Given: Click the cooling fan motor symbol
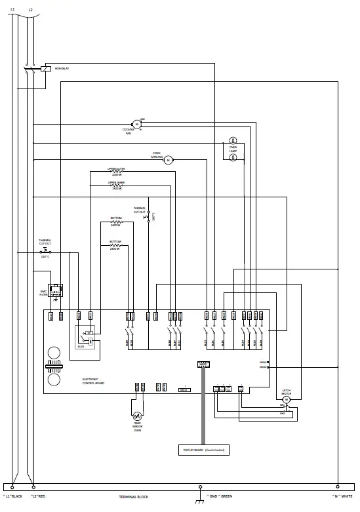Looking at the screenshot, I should [x=137, y=123].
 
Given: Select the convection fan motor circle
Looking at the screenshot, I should [x=167, y=160].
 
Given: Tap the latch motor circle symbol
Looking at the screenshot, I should [x=286, y=400].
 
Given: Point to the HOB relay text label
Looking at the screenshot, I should [x=62, y=68].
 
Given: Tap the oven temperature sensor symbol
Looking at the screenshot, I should [x=137, y=416].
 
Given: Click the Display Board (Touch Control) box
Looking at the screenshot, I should [x=203, y=450].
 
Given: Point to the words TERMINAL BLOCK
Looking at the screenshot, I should [x=133, y=498].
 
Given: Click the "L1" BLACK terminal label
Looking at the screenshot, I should [x=12, y=497].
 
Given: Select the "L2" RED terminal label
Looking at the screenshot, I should [x=37, y=497].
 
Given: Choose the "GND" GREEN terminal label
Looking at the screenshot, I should [x=219, y=497].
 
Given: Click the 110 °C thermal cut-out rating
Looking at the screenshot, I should [x=45, y=256].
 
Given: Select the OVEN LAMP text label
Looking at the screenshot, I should [x=233, y=149].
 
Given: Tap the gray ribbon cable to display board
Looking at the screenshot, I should [x=203, y=406].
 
